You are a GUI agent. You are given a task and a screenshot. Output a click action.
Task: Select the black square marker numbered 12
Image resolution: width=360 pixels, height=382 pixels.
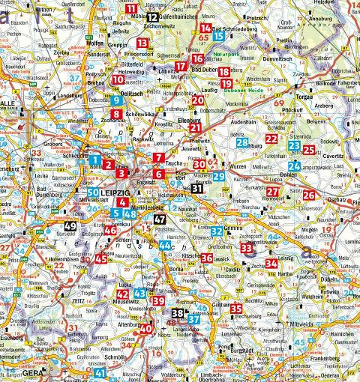(152, 16)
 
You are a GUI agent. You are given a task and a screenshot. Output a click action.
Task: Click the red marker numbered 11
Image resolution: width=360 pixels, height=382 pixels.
(132, 9)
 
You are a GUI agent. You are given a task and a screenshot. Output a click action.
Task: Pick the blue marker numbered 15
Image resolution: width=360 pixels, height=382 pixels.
(217, 35)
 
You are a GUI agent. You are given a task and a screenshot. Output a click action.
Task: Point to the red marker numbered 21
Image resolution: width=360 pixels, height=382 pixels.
(194, 128)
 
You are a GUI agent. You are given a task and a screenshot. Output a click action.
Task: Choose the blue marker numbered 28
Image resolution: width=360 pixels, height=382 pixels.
(241, 142)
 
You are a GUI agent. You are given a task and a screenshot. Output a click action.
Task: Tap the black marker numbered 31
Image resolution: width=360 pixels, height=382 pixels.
(196, 189)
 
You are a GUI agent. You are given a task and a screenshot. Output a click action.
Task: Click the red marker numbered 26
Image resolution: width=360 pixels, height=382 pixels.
(308, 195)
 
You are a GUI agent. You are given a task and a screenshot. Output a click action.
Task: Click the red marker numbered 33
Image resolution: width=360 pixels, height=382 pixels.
(246, 248)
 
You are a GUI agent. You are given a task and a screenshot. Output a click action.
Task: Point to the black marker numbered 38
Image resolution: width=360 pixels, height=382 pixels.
(178, 312)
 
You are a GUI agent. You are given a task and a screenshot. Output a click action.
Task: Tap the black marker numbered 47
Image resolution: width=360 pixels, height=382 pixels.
(159, 219)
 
